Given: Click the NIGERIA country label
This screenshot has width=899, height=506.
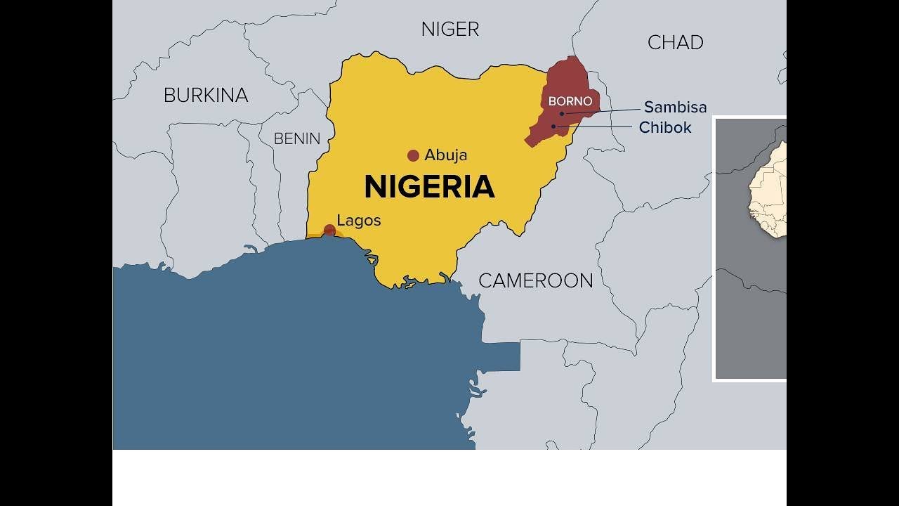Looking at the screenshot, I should [x=429, y=187].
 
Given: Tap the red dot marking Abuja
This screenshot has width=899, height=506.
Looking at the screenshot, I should [x=413, y=155].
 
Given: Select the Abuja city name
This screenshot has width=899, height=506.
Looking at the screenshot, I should [x=445, y=155].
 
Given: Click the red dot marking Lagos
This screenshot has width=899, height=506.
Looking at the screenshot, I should [x=329, y=230].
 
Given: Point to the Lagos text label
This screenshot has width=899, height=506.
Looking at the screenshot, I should [x=359, y=221].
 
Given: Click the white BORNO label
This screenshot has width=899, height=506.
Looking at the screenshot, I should [x=570, y=102].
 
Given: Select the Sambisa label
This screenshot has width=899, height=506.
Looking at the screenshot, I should [x=675, y=108].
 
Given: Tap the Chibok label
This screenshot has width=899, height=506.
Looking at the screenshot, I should [x=665, y=128].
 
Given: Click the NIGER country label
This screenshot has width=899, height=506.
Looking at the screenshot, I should [x=450, y=30].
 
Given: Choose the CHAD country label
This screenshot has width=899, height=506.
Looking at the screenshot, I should [x=675, y=43].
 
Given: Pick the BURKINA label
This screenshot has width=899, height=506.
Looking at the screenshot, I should [x=206, y=96].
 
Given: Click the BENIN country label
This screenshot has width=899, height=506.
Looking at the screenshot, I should [x=297, y=139].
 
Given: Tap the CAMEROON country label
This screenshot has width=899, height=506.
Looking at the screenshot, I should [x=536, y=281].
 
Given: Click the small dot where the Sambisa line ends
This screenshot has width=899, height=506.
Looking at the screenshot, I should [x=562, y=113].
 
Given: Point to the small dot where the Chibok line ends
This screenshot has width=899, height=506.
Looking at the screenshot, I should [x=553, y=126].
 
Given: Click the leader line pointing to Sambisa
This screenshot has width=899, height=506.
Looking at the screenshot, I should [x=604, y=110].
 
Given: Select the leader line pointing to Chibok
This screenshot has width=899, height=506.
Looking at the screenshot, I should [x=597, y=127].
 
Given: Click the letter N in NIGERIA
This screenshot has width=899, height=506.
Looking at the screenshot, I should [x=375, y=187].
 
